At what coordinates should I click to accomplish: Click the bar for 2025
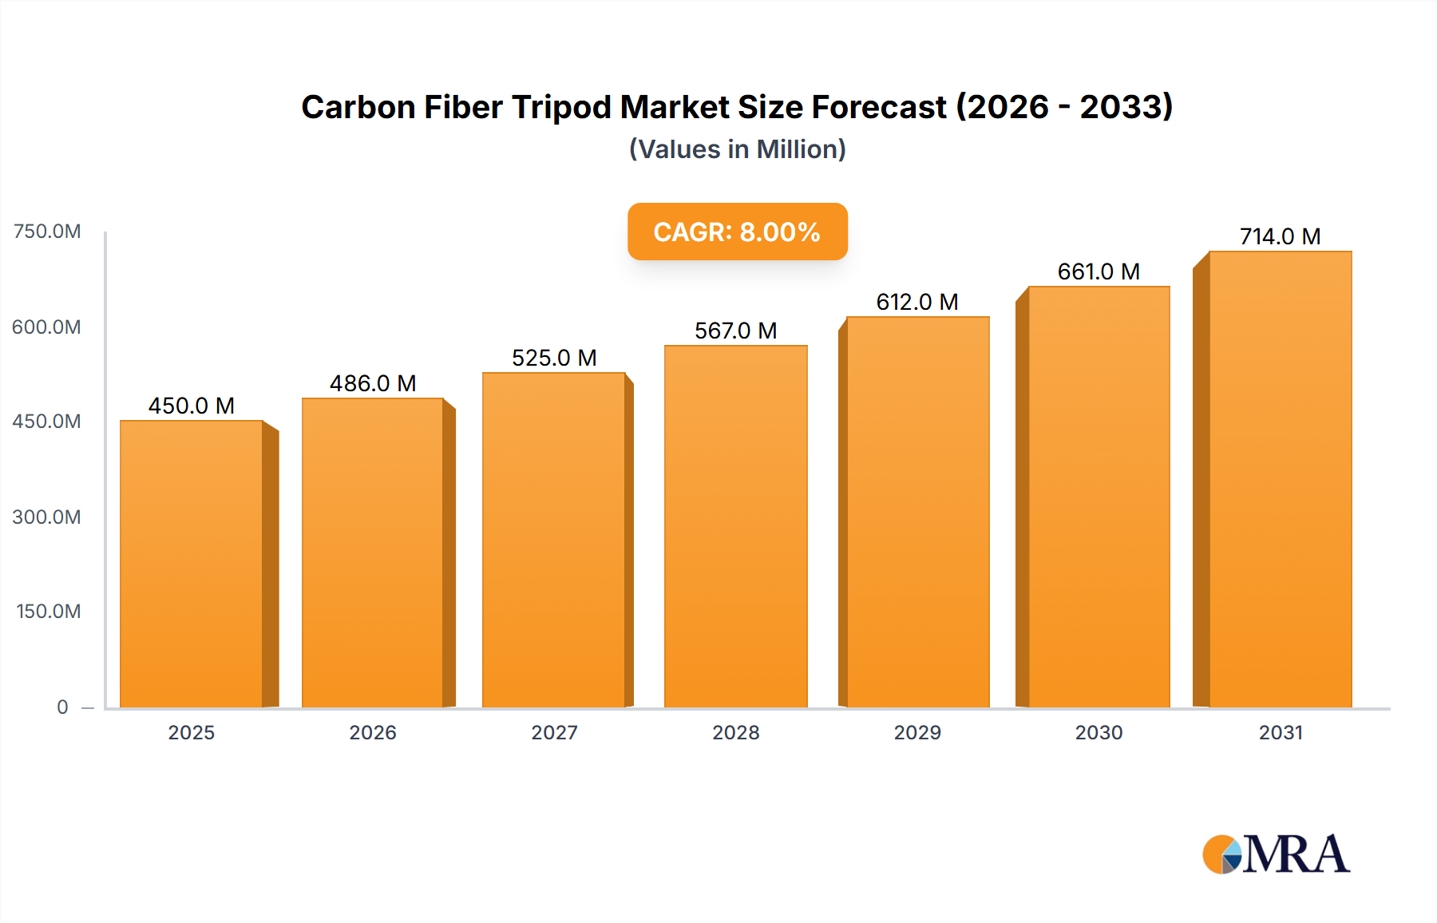192,564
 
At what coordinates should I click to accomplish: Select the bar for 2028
735,527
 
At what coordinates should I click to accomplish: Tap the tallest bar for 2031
1280,479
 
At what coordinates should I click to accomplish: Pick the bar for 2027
554,540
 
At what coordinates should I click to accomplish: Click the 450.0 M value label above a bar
192,406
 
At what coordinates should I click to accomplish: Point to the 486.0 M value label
373,383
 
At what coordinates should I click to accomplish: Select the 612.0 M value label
916,302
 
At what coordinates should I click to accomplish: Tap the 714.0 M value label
1280,236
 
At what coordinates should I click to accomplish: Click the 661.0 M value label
1099,271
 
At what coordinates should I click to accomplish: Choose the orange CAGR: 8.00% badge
737,232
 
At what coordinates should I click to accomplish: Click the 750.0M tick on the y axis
47,232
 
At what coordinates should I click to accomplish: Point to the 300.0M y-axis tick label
47,517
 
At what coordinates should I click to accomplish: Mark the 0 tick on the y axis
62,707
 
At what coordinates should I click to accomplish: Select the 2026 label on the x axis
373,732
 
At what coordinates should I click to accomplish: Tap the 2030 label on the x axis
1099,732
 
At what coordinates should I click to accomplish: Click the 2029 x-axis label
917,732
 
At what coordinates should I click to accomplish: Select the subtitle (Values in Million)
737,149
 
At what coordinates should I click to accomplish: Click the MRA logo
1276,854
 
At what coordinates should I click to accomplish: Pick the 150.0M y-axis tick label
49,612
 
